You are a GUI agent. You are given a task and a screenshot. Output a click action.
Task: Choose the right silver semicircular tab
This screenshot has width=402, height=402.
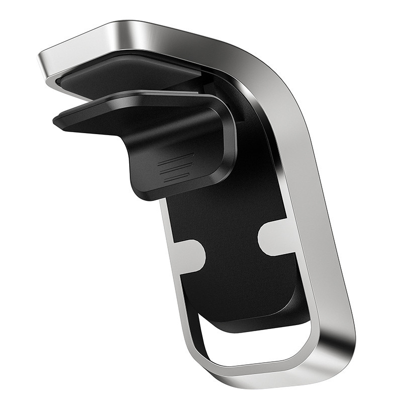pyautogui.click(x=274, y=236)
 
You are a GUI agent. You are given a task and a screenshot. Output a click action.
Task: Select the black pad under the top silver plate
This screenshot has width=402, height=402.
pyautogui.click(x=126, y=75)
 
